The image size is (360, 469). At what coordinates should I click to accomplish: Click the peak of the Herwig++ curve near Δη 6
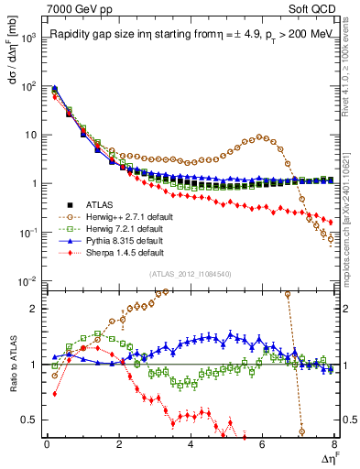[x=263, y=137]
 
